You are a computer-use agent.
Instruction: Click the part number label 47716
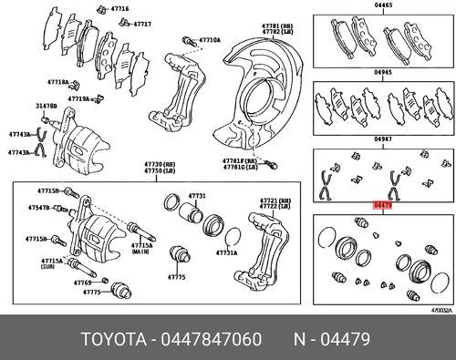coord(120,8)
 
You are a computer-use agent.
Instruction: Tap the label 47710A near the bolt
coord(210,41)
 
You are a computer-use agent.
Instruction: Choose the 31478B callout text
coord(47,107)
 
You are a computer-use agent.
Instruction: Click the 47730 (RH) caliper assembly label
coord(159,165)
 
